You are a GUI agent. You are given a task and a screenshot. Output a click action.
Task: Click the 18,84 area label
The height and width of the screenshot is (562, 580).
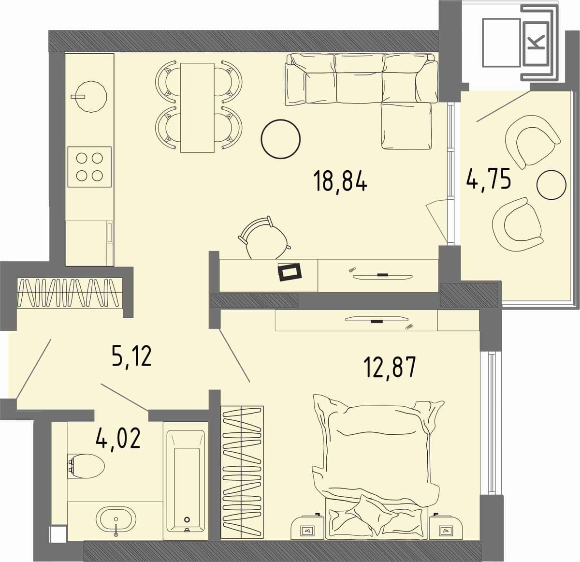point(340,182)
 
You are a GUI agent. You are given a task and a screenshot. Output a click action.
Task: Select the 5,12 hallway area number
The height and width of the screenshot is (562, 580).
point(131,357)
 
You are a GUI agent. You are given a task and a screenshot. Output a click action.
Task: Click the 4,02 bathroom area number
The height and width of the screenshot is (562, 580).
point(118,439)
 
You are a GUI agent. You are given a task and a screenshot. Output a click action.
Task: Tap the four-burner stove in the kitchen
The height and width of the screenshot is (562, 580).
point(89,167)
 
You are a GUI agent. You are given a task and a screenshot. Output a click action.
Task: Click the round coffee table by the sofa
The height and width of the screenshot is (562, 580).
point(280,139)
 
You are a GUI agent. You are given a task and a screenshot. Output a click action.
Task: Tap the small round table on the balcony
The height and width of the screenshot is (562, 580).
point(551,185)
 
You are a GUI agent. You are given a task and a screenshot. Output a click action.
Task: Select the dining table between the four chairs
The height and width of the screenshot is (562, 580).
point(197,108)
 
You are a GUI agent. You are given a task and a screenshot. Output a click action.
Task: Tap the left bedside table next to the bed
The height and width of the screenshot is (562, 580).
point(307,528)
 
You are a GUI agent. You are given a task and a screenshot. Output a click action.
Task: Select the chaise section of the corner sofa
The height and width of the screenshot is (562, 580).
point(406,126)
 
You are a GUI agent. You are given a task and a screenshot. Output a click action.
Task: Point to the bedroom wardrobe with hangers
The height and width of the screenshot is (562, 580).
point(242,472)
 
